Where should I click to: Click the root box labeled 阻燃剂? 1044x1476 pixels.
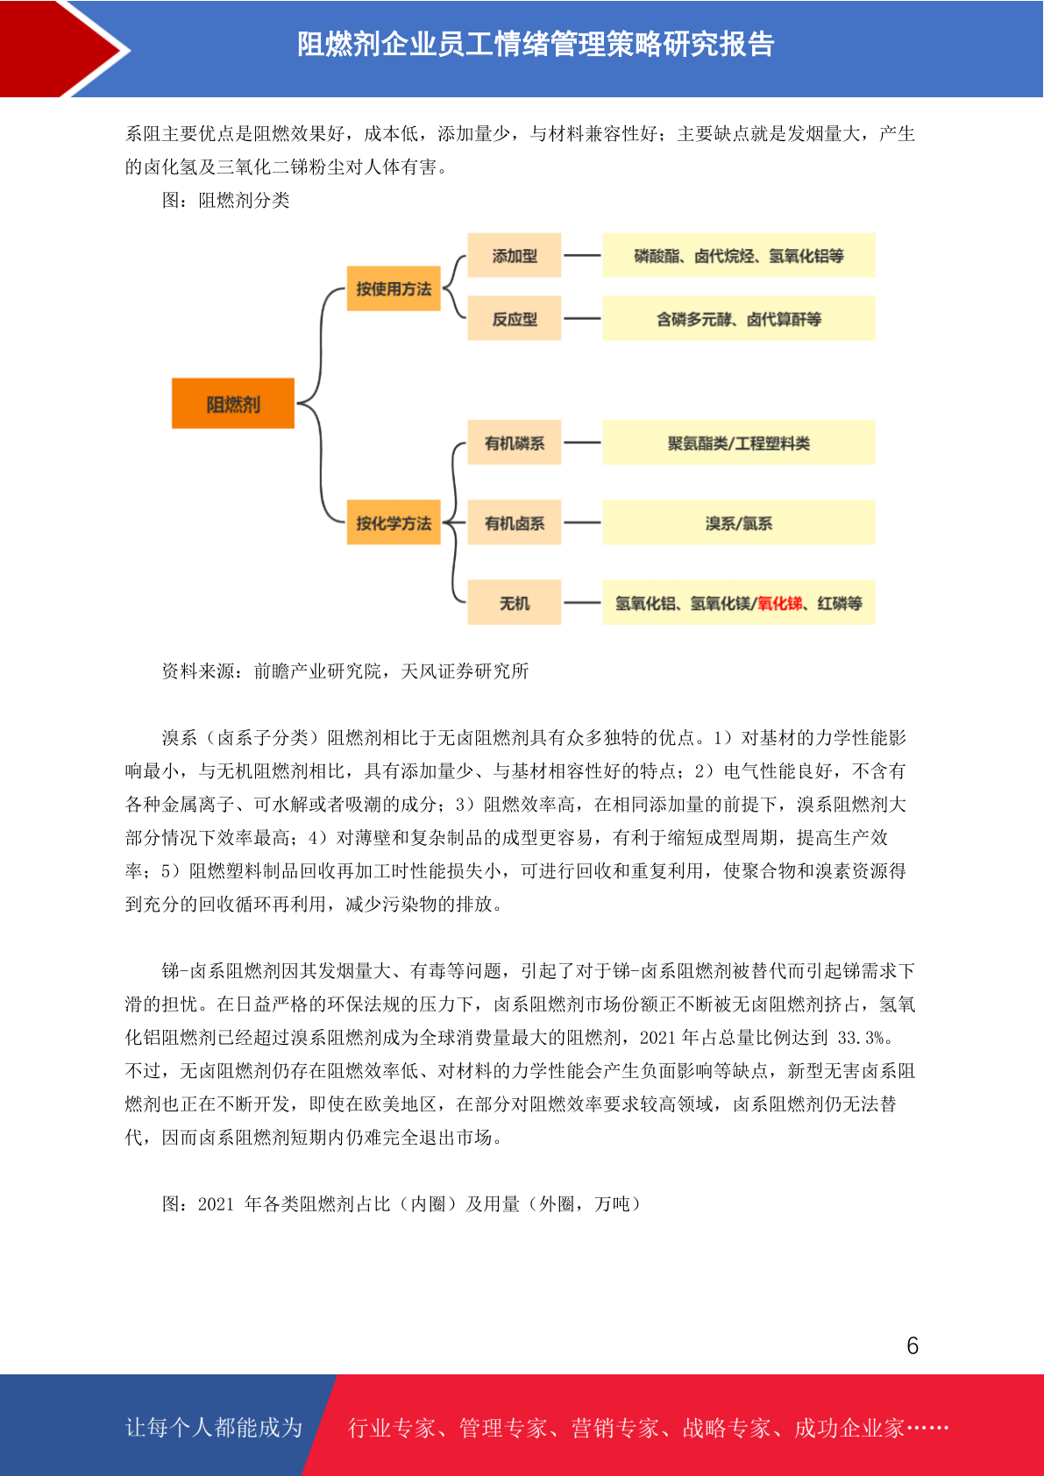[x=232, y=403]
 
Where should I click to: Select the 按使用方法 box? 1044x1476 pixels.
[x=394, y=288]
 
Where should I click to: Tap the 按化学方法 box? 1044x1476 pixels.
[x=394, y=522]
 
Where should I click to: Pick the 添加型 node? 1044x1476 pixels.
[x=514, y=255]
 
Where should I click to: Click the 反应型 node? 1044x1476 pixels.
[x=514, y=318]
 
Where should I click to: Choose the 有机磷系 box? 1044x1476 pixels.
[x=514, y=442]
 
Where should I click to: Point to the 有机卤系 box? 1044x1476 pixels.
[x=514, y=522]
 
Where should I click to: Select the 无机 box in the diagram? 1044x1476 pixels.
[x=514, y=602]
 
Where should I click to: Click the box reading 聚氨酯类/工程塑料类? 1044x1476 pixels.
[x=739, y=442]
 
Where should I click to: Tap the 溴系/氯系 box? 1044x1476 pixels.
[x=739, y=522]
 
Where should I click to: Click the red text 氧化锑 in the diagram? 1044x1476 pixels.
[x=779, y=603]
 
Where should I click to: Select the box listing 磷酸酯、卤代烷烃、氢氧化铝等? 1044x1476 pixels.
[x=739, y=255]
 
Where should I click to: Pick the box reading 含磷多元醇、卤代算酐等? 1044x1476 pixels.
[x=739, y=318]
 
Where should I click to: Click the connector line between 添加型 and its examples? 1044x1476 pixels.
[x=582, y=255]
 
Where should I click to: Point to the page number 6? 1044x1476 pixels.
[x=913, y=1345]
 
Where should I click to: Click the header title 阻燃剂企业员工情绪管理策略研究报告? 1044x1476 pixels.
[x=536, y=44]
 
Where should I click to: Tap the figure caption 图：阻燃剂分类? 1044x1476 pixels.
[x=225, y=201]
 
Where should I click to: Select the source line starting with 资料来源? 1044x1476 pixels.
[x=344, y=671]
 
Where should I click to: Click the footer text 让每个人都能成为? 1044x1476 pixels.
[x=214, y=1427]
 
